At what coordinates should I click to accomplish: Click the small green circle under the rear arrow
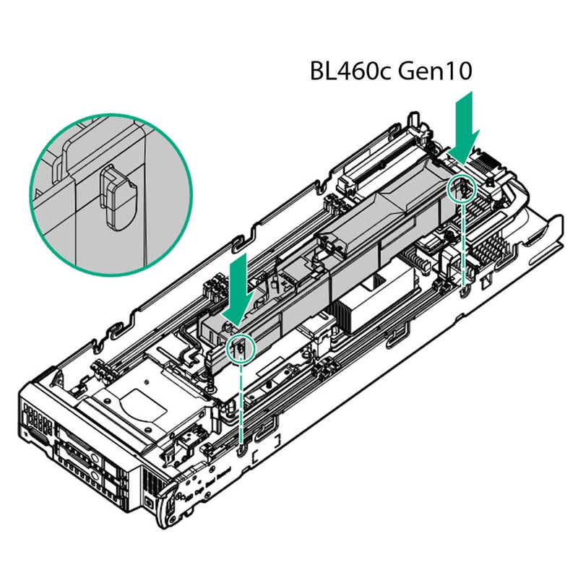pos(461,189)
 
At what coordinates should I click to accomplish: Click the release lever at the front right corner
pos(170,499)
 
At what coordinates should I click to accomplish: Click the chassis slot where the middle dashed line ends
pos(240,452)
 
